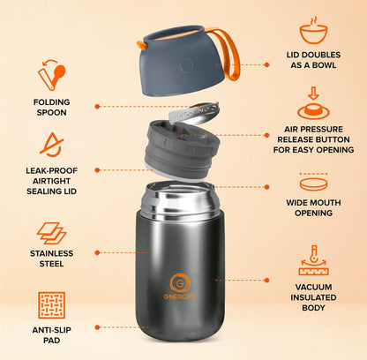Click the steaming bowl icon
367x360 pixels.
pos(313,31)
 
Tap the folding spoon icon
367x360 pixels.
pos(52,75)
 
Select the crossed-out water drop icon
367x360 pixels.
pos(52,145)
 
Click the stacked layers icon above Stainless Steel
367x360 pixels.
pos(51,233)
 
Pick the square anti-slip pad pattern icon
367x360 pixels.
pos(52,305)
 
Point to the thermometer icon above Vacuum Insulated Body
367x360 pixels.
pos(313,260)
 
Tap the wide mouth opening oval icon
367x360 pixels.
pos(313,183)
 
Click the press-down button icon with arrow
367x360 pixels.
pos(313,103)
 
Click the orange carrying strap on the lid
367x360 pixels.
pos(227,53)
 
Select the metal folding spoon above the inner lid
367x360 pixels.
pos(194,113)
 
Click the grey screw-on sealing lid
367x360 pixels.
pos(182,150)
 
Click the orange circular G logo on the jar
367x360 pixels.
pos(180,283)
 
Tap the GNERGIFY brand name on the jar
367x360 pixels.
pos(180,296)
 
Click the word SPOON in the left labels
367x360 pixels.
pos(52,112)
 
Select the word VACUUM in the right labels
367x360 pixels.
pos(313,287)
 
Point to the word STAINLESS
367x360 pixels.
pos(52,253)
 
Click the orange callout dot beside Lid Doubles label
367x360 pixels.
pos(266,64)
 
